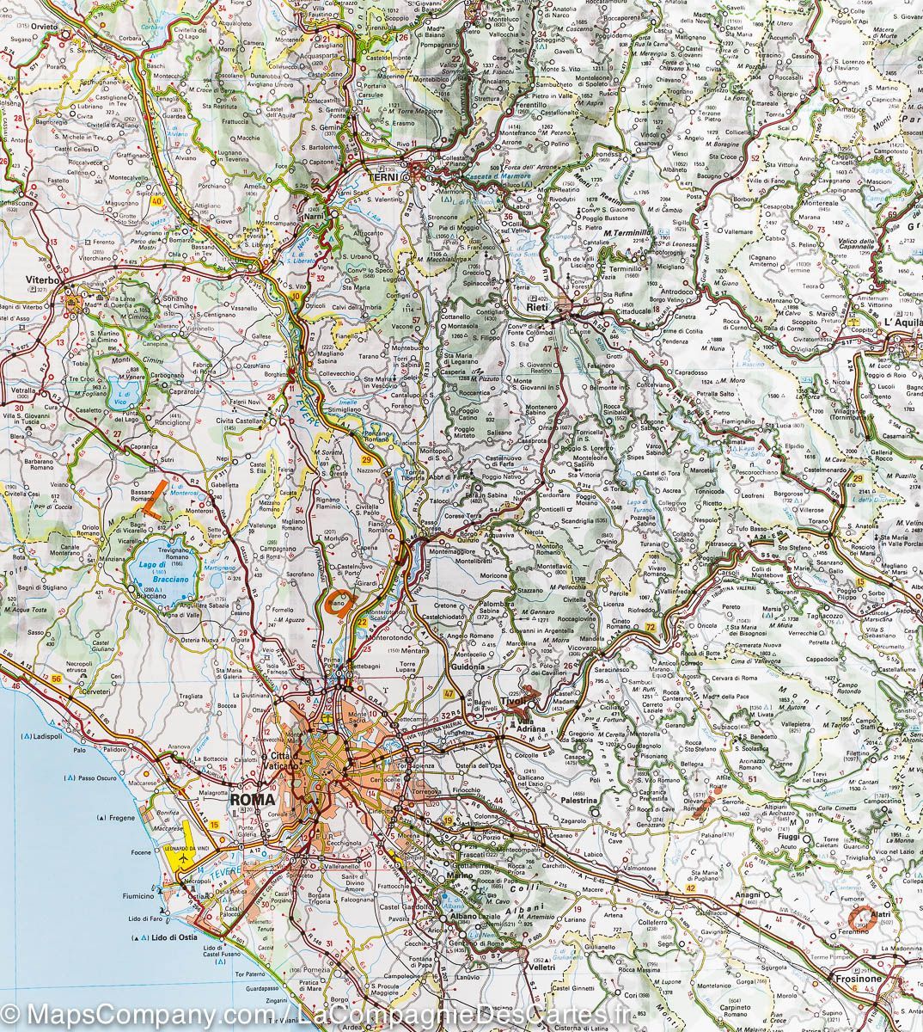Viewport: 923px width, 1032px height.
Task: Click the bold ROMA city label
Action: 253,799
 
